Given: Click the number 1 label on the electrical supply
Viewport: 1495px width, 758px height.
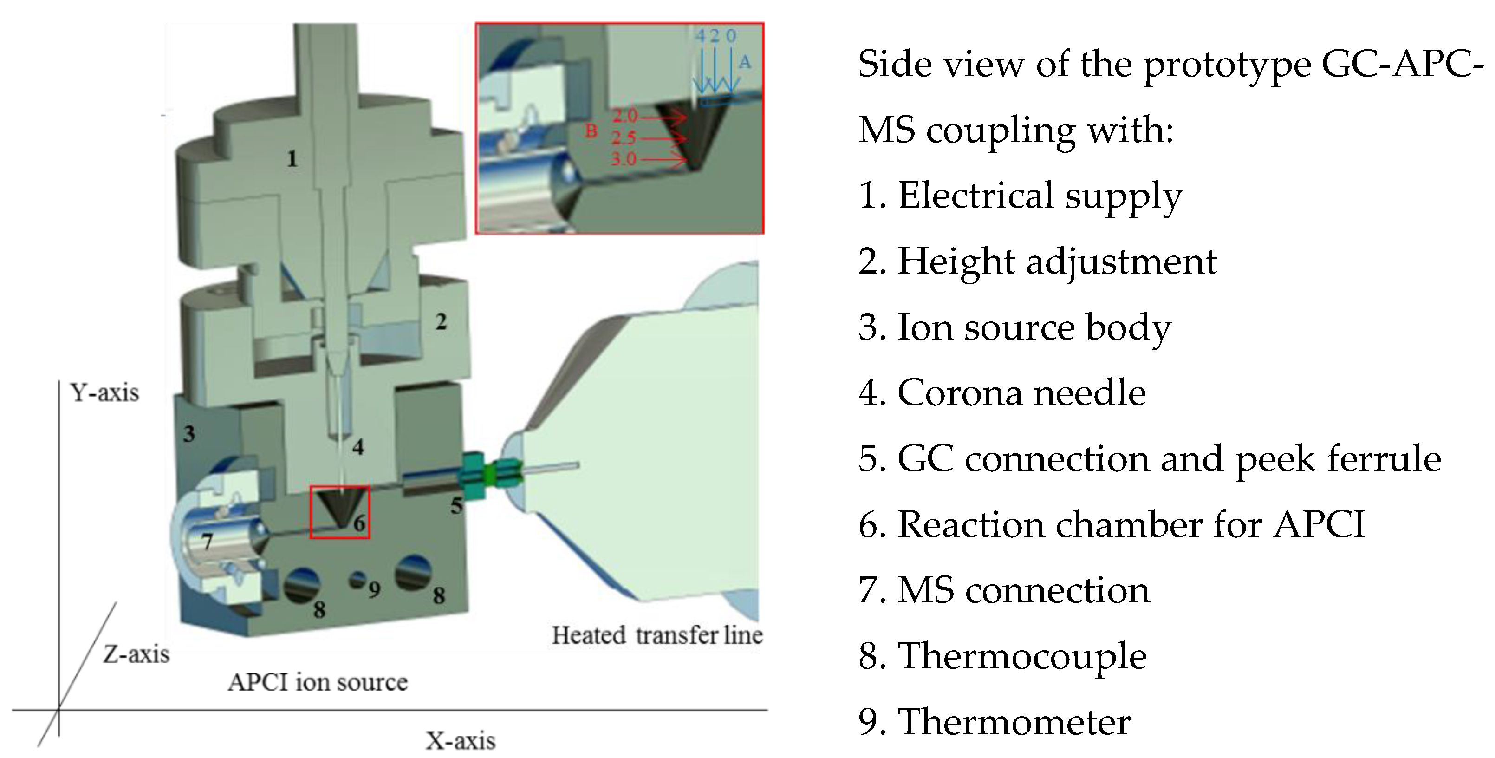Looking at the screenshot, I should [x=292, y=158].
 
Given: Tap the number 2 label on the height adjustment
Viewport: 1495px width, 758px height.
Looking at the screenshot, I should [x=441, y=321].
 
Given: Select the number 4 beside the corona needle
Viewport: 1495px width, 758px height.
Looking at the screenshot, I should [x=358, y=447].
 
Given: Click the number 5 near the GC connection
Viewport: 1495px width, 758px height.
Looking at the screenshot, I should [x=457, y=506].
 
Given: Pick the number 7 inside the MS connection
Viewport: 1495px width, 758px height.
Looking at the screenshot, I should [x=207, y=542].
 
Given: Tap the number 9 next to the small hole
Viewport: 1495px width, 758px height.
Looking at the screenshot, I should [x=374, y=590].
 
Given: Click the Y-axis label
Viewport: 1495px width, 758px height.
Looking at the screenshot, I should [x=104, y=393].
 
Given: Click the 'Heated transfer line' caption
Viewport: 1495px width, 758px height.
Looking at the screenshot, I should [x=657, y=635].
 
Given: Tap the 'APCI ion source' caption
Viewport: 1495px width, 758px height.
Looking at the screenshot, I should [x=318, y=682].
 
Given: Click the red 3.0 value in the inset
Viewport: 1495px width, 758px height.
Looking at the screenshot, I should [x=623, y=158].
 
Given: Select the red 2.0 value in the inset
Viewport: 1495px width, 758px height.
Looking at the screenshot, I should [x=624, y=116].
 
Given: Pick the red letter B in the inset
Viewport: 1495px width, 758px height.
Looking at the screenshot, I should [x=591, y=131].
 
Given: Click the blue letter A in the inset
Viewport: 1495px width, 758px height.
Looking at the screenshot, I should [x=745, y=62].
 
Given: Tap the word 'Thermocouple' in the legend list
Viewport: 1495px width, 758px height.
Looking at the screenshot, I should [x=1022, y=656].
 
